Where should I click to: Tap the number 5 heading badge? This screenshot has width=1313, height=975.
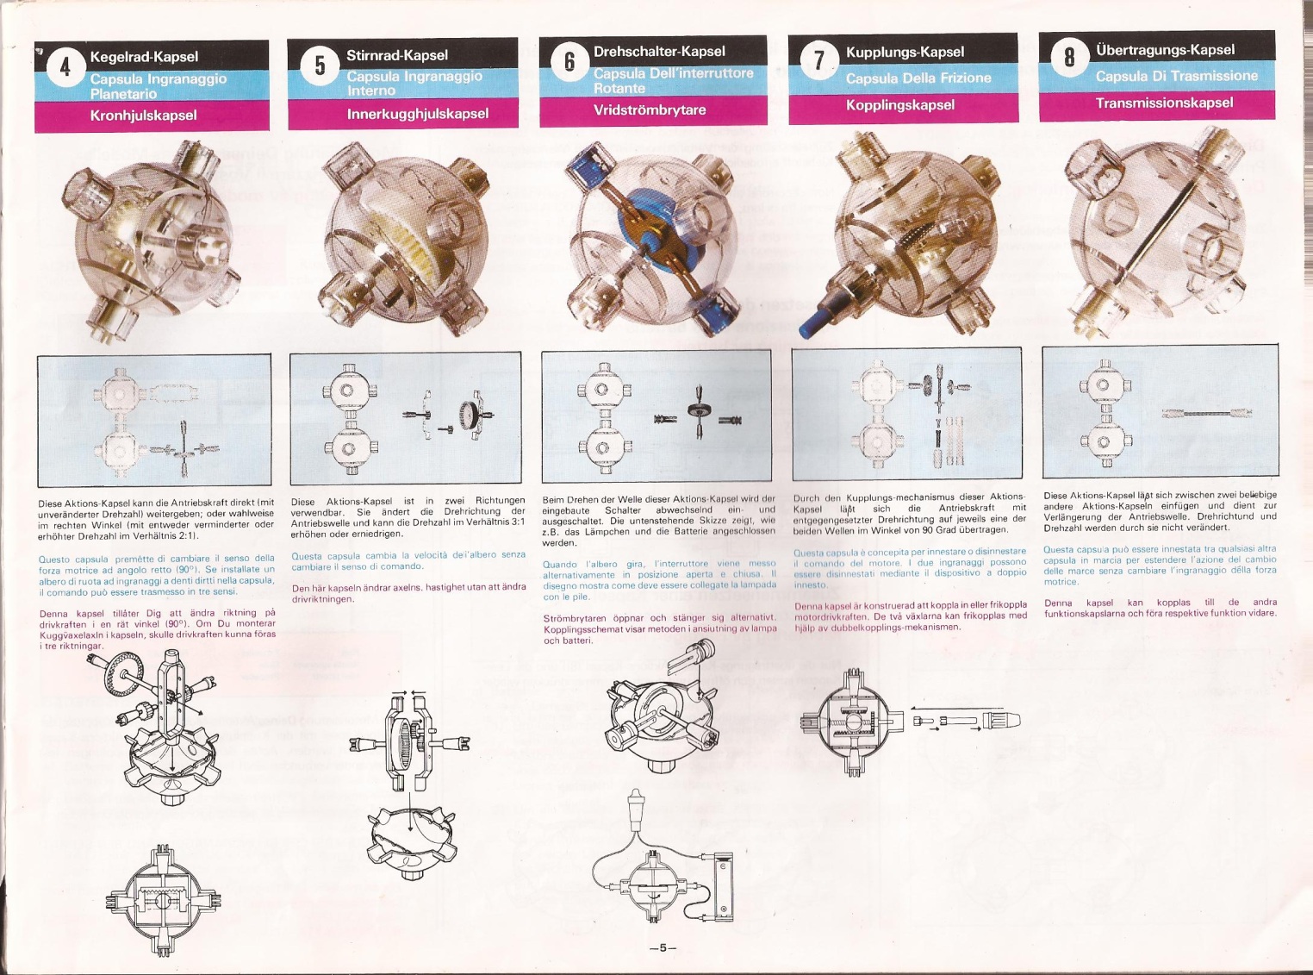pos(320,66)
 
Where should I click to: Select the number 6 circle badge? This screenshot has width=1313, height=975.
pos(569,62)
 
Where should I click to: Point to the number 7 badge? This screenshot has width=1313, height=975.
pos(818,60)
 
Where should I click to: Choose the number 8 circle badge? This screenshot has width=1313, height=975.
pos(1069,58)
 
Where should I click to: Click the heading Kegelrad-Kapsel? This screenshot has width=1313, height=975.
pos(144,57)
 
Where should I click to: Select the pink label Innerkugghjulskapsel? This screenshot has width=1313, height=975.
pos(417,114)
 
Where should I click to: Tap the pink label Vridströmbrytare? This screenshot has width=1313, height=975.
pos(649,110)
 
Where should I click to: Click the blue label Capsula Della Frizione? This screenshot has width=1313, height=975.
pos(918,78)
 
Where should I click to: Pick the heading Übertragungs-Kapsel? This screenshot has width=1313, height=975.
pos(1165,50)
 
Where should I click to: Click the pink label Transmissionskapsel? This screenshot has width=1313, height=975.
pos(1164,103)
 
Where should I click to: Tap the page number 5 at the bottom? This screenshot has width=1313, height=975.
pos(663,947)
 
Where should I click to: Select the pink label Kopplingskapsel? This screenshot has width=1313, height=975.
pos(899,105)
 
